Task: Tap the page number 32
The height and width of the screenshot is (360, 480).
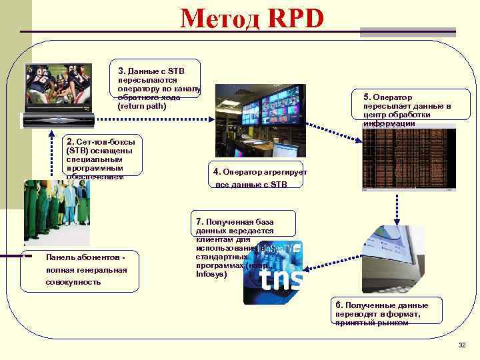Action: (x=461, y=345)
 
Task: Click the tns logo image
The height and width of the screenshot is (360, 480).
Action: (x=273, y=274)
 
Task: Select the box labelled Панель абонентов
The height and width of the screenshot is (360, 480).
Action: (x=81, y=269)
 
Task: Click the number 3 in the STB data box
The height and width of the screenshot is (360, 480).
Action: (x=121, y=70)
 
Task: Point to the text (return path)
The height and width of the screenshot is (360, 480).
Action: (x=141, y=106)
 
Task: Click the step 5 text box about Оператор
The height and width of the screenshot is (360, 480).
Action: (x=407, y=110)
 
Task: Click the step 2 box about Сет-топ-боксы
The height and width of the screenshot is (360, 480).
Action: (x=101, y=159)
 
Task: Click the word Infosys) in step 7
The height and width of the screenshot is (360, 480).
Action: (x=211, y=273)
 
